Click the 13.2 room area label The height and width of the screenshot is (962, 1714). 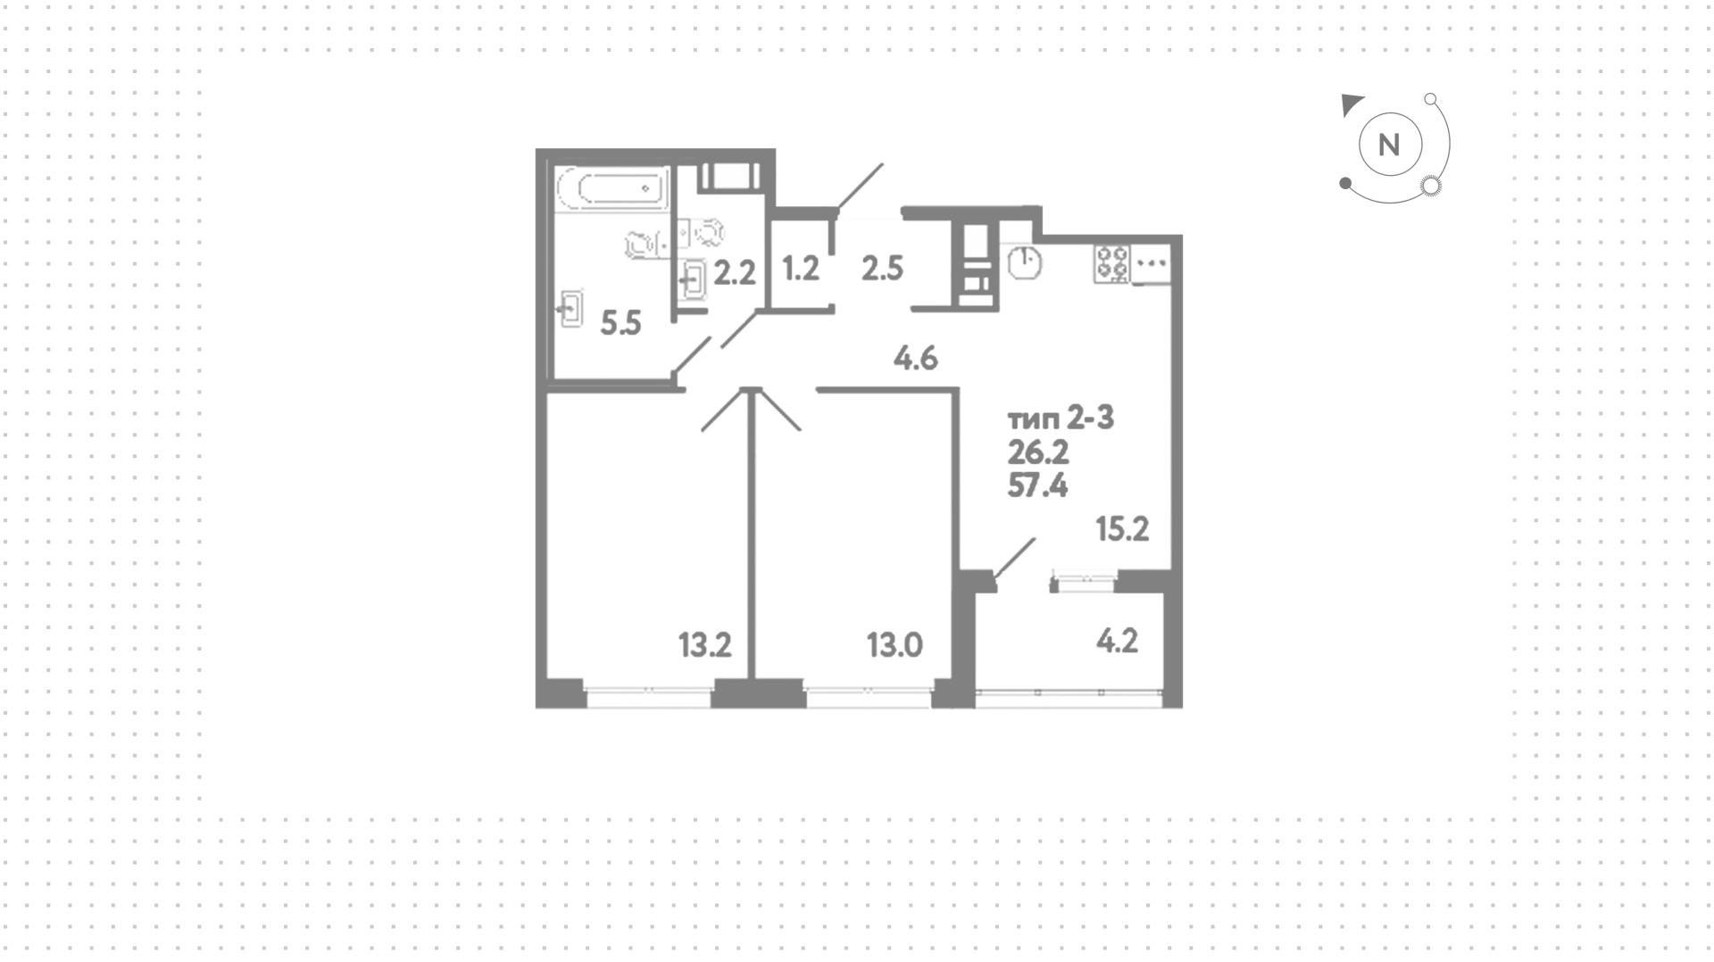point(705,644)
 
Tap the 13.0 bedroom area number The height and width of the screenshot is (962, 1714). point(894,644)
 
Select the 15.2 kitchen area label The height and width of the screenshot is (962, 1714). point(1122,529)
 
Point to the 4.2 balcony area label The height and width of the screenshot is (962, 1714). point(1117,641)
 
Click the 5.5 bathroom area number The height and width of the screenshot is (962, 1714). point(620,322)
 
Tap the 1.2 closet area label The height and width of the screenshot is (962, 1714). point(801,268)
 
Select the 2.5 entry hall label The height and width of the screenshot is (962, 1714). point(882,268)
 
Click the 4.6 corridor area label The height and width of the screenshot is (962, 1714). point(916,359)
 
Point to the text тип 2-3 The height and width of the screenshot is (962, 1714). point(1061,419)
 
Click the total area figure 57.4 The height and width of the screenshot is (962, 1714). point(1037,486)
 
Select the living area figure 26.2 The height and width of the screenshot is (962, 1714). point(1038,453)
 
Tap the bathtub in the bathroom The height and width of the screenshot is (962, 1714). point(612,188)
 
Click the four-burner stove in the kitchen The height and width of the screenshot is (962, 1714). point(1112,264)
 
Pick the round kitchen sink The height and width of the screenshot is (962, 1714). point(1026,263)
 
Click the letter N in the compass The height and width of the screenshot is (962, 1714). point(1389,145)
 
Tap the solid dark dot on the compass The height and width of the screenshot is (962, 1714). point(1345,184)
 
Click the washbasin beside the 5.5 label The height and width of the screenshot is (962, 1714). point(570,310)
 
